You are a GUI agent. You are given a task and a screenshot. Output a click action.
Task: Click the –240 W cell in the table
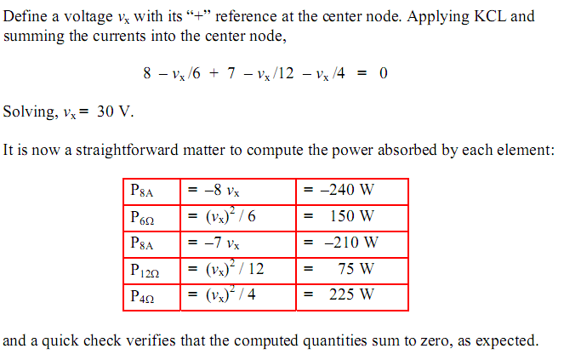coord(352,191)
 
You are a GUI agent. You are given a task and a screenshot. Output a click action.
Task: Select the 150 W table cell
coord(352,218)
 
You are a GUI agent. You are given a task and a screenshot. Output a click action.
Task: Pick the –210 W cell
coord(352,244)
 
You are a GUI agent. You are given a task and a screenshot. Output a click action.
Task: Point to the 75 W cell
coord(352,271)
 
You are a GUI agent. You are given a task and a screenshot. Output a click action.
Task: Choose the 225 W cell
coord(352,297)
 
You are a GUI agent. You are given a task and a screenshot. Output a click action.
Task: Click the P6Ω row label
coord(151,218)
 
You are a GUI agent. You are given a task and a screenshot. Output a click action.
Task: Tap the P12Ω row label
coord(151,271)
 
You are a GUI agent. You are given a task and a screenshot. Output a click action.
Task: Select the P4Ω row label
coord(151,297)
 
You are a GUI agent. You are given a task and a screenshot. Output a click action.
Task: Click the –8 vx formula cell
coord(237,191)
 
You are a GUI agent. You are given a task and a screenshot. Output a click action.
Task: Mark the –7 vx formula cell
coord(237,244)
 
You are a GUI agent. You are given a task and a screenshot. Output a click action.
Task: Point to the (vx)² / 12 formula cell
coord(237,271)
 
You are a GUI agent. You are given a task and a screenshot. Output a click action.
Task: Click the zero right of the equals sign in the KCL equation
coord(384,73)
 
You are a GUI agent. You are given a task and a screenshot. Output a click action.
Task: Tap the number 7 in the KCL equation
coord(231,73)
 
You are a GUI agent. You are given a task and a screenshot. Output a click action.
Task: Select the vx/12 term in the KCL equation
coord(276,74)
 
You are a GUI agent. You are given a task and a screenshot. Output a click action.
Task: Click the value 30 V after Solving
coord(115,111)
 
